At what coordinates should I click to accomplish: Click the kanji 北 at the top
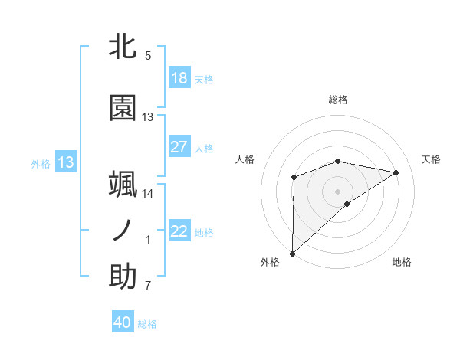pos(123,47)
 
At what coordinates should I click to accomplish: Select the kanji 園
pos(123,109)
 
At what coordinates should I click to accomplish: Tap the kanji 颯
pos(123,185)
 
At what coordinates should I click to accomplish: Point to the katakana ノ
pos(123,230)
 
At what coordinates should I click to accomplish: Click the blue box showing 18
pos(179,78)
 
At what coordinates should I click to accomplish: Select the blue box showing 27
pos(179,147)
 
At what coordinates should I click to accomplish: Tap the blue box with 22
pos(179,232)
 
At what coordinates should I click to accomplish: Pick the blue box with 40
pos(123,322)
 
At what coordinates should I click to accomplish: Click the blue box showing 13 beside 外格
pos(66,162)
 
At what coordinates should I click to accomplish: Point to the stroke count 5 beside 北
pos(148,56)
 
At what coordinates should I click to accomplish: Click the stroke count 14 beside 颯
pos(148,194)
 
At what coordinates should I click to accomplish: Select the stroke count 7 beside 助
pos(148,286)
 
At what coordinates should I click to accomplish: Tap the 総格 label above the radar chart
pos(338,100)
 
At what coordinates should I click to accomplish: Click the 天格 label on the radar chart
pos(432,159)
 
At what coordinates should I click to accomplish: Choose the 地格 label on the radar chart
pos(402,262)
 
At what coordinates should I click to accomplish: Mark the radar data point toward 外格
pos(292,253)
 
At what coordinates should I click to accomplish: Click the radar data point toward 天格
pos(396,172)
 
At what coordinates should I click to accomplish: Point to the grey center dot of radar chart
pos(337,191)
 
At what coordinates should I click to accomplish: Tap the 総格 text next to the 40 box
pos(147,324)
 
